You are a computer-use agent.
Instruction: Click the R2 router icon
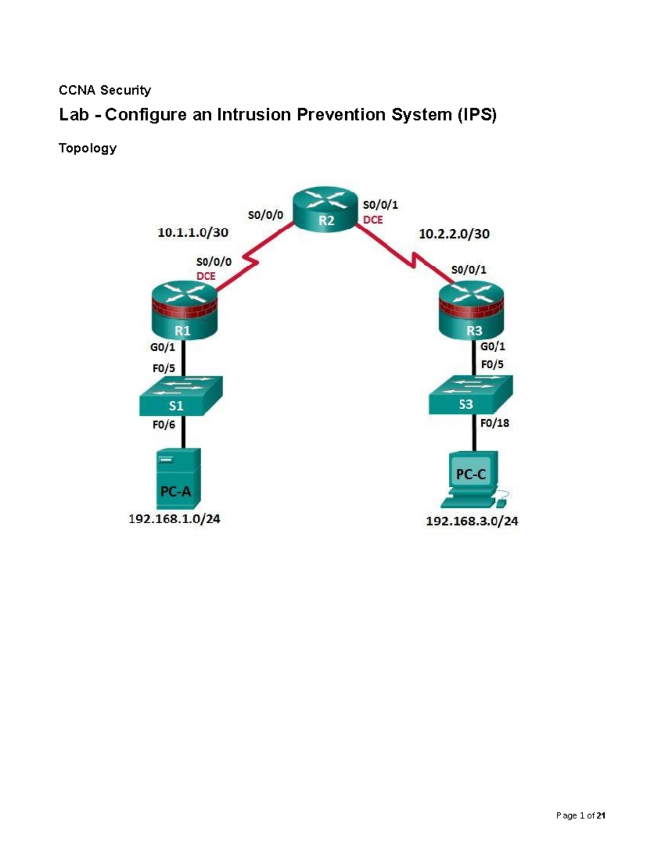[x=325, y=209]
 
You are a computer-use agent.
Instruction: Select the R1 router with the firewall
[x=183, y=311]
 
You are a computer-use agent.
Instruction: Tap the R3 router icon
[x=471, y=311]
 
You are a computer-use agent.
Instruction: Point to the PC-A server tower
[x=178, y=478]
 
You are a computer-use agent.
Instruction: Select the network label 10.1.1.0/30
[x=192, y=233]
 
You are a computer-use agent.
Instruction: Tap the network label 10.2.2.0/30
[x=454, y=234]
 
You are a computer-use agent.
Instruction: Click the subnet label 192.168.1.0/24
[x=174, y=519]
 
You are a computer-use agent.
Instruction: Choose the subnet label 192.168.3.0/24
[x=472, y=521]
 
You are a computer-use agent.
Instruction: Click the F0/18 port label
[x=494, y=423]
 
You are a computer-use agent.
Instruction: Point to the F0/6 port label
[x=163, y=425]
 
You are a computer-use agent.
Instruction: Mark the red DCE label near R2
[x=373, y=220]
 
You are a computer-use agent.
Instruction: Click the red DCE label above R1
[x=206, y=276]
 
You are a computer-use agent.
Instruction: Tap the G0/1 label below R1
[x=162, y=347]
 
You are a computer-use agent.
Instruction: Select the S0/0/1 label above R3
[x=468, y=270]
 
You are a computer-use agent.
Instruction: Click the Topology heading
[x=88, y=148]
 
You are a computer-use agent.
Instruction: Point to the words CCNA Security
[x=105, y=90]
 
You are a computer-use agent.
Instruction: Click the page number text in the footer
[x=580, y=816]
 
